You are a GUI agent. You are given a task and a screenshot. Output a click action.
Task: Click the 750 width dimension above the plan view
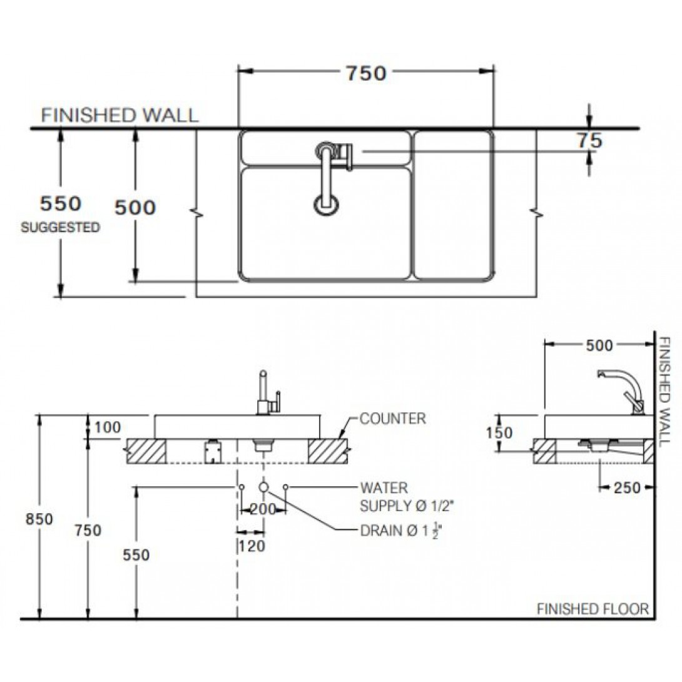click(x=366, y=73)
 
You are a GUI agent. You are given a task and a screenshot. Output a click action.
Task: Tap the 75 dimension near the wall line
click(x=590, y=141)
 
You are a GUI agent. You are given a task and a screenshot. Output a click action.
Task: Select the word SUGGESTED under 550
click(x=61, y=227)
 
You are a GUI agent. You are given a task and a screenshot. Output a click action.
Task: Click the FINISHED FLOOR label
click(x=593, y=609)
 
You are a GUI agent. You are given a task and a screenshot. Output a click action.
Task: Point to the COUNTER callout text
click(x=393, y=419)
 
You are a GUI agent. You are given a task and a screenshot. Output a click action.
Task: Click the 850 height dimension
click(x=39, y=519)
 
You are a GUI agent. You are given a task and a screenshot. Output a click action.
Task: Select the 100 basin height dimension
click(x=108, y=427)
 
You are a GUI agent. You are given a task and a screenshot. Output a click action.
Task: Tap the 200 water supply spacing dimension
click(x=263, y=509)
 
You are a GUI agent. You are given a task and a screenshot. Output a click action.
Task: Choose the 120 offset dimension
click(x=252, y=546)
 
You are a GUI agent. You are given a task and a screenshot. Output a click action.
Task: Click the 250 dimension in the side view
click(x=627, y=487)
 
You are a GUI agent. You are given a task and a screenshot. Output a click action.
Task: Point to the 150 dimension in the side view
click(x=499, y=432)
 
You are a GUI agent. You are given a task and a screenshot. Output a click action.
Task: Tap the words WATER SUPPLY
click(x=384, y=497)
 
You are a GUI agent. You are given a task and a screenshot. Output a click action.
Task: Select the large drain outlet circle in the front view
click(x=263, y=487)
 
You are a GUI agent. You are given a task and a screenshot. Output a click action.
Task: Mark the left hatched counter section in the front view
click(x=146, y=451)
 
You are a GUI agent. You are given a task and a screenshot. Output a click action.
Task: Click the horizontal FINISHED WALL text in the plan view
click(x=120, y=115)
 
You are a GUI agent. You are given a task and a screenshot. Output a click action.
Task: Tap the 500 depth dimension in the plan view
click(x=135, y=207)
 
